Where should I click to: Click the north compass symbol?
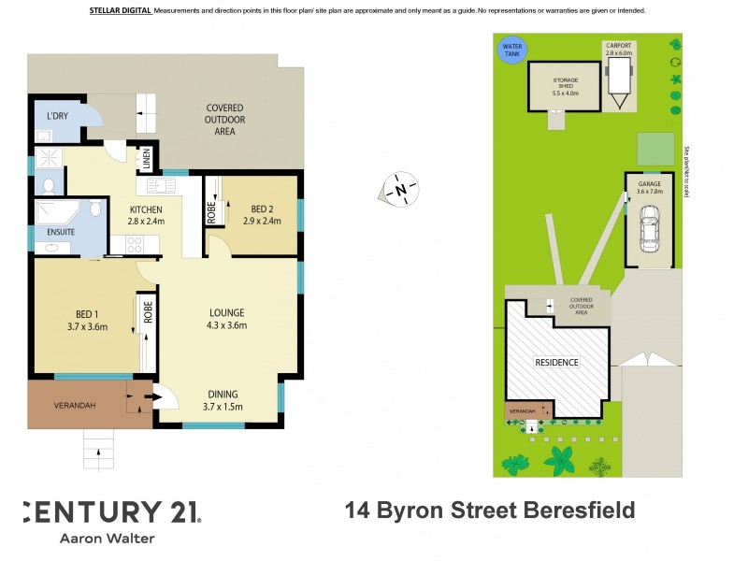pyautogui.click(x=400, y=190)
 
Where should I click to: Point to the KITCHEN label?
pyautogui.click(x=146, y=215)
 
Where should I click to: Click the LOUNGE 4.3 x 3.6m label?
pyautogui.click(x=226, y=319)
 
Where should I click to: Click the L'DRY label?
pyautogui.click(x=57, y=117)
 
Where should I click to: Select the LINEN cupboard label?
pyautogui.click(x=147, y=160)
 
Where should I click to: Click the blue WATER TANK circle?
pyautogui.click(x=512, y=50)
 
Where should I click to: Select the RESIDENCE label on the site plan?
pyautogui.click(x=556, y=362)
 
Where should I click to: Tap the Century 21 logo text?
pyautogui.click(x=110, y=511)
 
